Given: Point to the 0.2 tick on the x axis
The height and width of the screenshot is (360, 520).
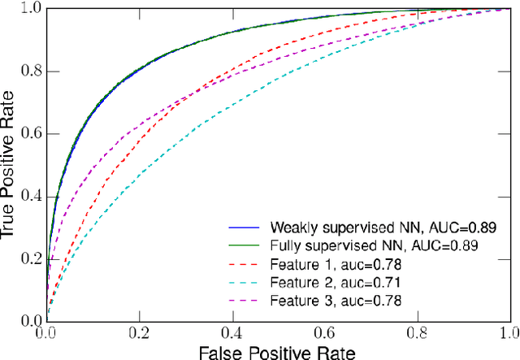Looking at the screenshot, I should pyautogui.click(x=139, y=332).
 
